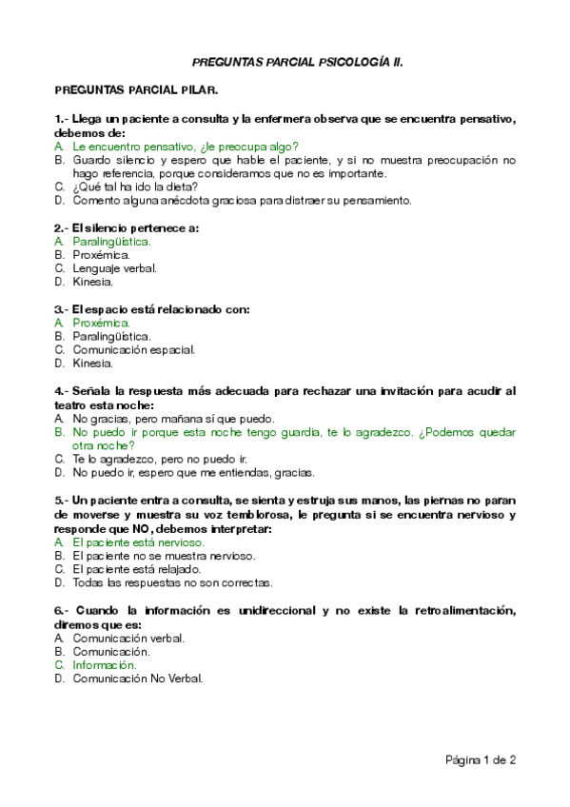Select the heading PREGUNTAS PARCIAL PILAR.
click(136, 90)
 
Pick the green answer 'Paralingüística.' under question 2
click(111, 242)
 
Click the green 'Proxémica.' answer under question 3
click(101, 323)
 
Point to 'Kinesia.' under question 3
click(92, 363)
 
